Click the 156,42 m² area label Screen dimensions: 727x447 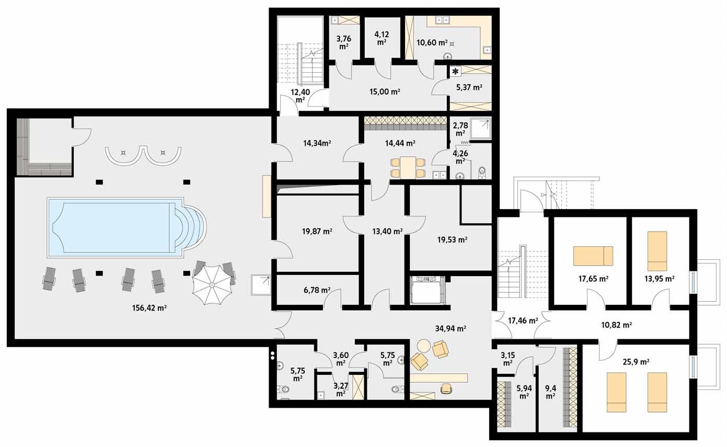149,308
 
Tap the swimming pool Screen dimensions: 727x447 126,227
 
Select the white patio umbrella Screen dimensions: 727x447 212,285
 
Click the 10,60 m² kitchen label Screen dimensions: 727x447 432,42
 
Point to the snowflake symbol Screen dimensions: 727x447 456,72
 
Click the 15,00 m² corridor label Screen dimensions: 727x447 385,91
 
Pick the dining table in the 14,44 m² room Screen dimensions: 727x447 408,167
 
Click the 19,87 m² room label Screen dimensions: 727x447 317,232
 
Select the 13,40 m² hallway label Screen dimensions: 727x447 387,232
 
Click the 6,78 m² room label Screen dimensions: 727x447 317,290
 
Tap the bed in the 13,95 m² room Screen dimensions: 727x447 657,251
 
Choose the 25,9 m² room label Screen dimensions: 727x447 636,362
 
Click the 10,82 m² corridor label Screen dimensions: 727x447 616,325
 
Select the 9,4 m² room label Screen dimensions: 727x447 550,392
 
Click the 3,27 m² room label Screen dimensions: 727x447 340,389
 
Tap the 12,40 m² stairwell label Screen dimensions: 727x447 300,96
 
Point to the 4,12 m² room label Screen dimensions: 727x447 382,38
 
